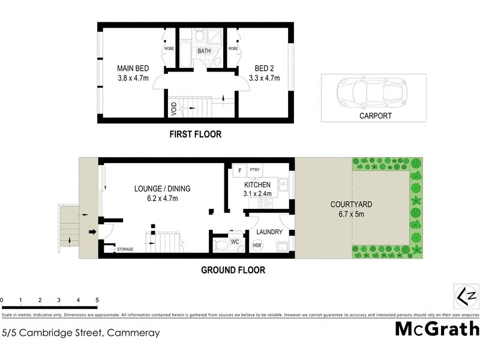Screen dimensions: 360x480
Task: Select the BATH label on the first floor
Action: point(205,51)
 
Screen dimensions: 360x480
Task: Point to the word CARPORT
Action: point(376,116)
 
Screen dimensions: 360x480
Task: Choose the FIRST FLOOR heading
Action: point(195,135)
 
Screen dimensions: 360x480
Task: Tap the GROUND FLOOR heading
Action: point(233,270)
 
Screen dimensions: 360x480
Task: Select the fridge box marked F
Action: point(240,170)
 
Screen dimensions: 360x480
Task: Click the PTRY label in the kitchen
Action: point(254,170)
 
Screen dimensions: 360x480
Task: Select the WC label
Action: point(235,242)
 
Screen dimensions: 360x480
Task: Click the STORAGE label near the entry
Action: point(125,249)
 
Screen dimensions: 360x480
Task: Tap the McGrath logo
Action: point(437,329)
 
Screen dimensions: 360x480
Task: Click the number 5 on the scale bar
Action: point(97,299)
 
